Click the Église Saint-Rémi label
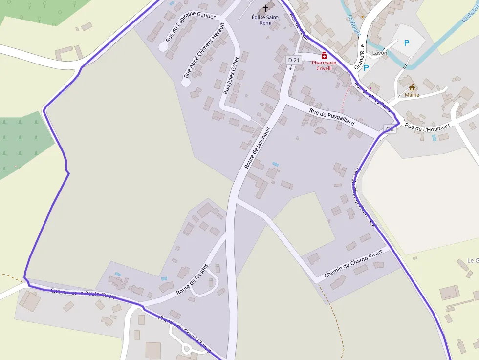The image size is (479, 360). pos(265,20)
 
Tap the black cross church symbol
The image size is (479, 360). pos(265,8)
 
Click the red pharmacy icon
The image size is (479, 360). pos(324,56)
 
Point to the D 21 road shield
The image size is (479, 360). pos(294,60)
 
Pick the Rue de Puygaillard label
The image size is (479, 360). pos(331,117)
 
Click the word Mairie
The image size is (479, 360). pos(412,95)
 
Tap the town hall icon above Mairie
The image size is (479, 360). pos(412,87)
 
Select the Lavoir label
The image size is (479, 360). pos(379,53)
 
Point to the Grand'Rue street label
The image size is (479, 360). pos(360,56)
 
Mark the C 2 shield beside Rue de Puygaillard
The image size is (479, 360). pos(390,129)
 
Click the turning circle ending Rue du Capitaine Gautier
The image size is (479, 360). pos(163,47)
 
